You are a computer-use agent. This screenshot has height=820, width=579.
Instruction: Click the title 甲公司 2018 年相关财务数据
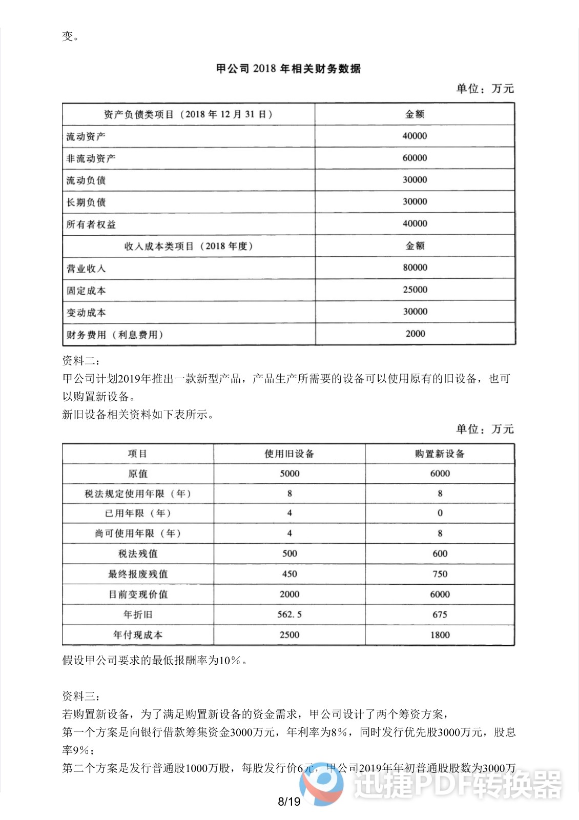coord(288,69)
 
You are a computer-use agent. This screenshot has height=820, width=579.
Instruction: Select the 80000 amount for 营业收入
coord(415,268)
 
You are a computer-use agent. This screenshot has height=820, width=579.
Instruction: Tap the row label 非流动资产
coord(91,158)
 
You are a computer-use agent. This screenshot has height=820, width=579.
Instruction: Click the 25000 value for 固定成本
coord(415,290)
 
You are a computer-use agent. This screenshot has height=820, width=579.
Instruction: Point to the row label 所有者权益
coord(91,224)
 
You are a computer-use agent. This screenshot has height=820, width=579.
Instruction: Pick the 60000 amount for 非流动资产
coord(415,158)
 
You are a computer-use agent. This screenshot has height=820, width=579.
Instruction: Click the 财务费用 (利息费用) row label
coord(115,335)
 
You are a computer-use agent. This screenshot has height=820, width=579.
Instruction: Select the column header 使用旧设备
coord(289,454)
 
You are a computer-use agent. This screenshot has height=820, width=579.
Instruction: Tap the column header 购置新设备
coord(440,454)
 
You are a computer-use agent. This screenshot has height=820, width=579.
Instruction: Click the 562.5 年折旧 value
coord(289,614)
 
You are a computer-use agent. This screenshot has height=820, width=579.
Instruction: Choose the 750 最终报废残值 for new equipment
coord(440,574)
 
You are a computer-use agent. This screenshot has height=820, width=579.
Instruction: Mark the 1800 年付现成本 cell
coord(440,635)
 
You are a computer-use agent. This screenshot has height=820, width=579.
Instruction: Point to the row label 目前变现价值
coord(138,594)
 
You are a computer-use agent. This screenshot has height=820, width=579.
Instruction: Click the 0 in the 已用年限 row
coord(440,513)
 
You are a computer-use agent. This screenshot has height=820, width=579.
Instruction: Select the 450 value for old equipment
coord(289,574)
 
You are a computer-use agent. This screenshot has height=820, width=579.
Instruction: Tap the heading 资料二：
coord(81,361)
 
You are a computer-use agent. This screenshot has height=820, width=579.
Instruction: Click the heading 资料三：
coord(81,696)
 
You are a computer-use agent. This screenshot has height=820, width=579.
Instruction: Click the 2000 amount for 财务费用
coord(415,334)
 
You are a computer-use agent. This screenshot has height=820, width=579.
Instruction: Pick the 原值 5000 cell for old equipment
coord(289,474)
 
